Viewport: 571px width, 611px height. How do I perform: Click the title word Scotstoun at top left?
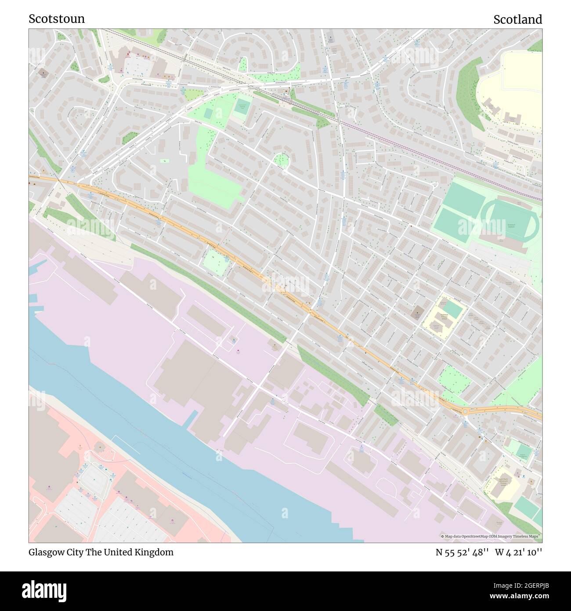point(57,19)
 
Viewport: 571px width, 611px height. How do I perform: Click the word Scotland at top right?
point(517,19)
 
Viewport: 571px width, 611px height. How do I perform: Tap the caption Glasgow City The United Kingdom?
point(101,552)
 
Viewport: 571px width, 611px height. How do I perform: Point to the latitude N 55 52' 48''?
point(463,552)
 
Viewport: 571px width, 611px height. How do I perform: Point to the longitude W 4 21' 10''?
point(519,552)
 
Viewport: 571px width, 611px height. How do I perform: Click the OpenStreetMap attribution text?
point(491,536)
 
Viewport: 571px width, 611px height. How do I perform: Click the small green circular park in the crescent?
point(281,160)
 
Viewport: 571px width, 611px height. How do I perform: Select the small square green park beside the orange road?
point(215,264)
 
